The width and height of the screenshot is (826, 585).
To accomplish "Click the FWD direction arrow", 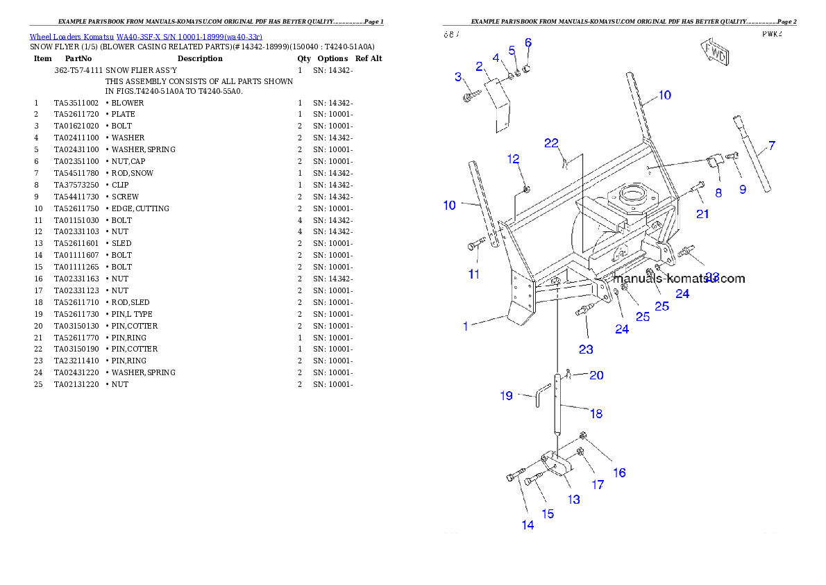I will pyautogui.click(x=714, y=53).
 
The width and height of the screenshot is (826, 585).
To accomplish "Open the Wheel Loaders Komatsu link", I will pyautogui.click(x=146, y=37).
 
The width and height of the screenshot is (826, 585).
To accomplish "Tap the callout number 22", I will pyautogui.click(x=551, y=143).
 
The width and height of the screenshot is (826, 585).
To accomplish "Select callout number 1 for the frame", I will pyautogui.click(x=466, y=325).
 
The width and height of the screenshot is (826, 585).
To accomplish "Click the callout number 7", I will pyautogui.click(x=772, y=146).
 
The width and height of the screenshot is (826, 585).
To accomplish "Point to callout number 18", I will pyautogui.click(x=596, y=413).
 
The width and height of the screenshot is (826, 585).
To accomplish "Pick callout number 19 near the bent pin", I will pyautogui.click(x=507, y=396).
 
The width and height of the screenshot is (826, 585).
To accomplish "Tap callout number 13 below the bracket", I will pyautogui.click(x=573, y=499).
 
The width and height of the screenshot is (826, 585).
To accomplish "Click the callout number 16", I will pyautogui.click(x=619, y=472).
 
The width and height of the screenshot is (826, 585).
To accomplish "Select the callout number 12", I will pyautogui.click(x=513, y=159).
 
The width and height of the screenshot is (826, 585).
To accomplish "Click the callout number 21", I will pyautogui.click(x=702, y=214).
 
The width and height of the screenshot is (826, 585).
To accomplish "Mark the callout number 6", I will pyautogui.click(x=528, y=43).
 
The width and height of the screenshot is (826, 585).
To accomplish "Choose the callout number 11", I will pyautogui.click(x=473, y=274).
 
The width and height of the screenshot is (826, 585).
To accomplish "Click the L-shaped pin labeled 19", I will pyautogui.click(x=540, y=397).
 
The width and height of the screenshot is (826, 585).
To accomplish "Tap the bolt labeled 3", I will pyautogui.click(x=469, y=96).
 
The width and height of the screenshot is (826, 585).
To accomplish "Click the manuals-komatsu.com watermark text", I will pyautogui.click(x=679, y=279).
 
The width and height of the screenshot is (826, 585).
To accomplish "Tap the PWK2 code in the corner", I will pyautogui.click(x=772, y=34).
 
